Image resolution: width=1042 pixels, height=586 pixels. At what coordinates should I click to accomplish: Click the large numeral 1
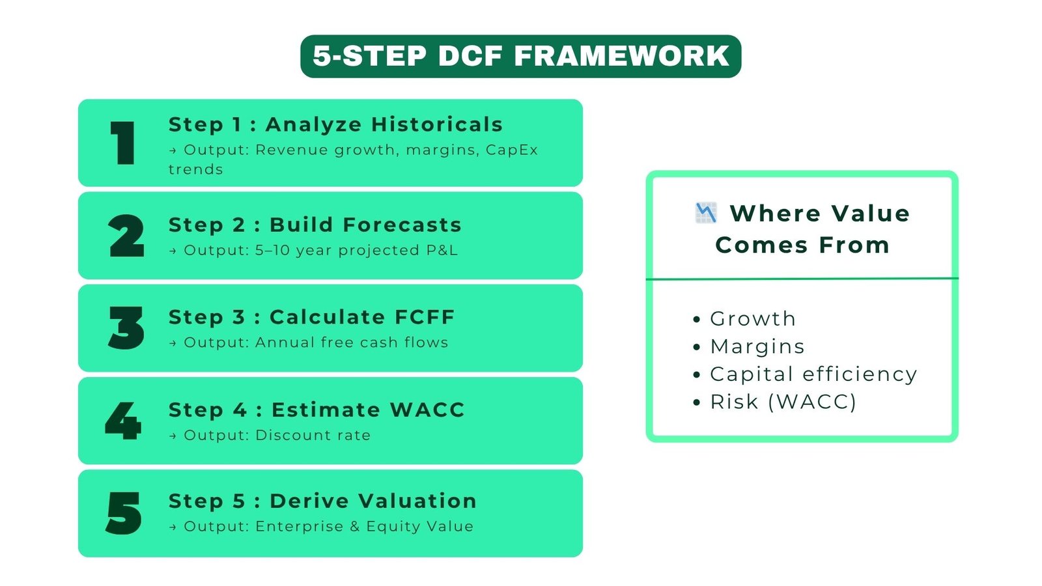click(122, 143)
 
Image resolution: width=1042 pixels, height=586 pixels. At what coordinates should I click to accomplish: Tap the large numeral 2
click(126, 236)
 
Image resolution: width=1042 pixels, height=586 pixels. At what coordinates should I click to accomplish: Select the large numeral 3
click(126, 328)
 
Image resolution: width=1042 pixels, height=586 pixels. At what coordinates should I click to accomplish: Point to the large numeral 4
click(123, 421)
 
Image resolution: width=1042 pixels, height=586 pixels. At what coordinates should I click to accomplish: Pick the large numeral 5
click(124, 513)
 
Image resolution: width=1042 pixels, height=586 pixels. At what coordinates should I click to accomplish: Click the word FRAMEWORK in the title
click(622, 56)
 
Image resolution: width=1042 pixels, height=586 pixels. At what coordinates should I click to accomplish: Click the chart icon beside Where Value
click(706, 212)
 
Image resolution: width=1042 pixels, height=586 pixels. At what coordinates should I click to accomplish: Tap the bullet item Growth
click(752, 318)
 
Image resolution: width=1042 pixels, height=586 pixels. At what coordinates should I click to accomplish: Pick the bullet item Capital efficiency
click(813, 374)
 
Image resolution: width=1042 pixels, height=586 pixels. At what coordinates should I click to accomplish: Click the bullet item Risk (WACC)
click(783, 402)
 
